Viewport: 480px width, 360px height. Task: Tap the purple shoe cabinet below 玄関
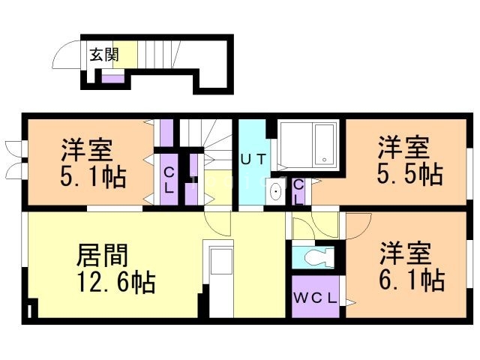pos(112,76)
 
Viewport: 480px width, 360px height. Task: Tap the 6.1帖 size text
pos(412,280)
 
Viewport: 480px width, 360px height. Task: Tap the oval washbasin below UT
pos(275,192)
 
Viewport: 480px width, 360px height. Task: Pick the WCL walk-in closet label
pos(315,298)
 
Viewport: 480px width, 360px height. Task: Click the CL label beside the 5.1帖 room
pos(169,180)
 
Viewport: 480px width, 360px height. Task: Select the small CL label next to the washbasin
pos(298,192)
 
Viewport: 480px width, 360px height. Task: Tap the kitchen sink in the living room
pos(220,264)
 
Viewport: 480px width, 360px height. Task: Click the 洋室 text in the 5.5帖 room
pos(403,145)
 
